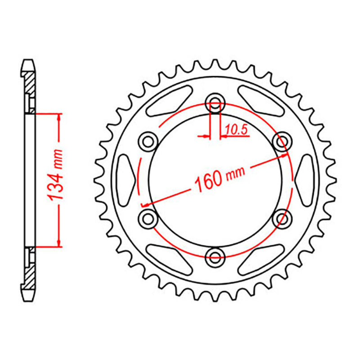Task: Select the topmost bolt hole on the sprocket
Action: tap(215, 103)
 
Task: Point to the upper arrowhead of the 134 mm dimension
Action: tap(59, 118)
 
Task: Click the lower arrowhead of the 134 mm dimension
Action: tap(59, 243)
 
